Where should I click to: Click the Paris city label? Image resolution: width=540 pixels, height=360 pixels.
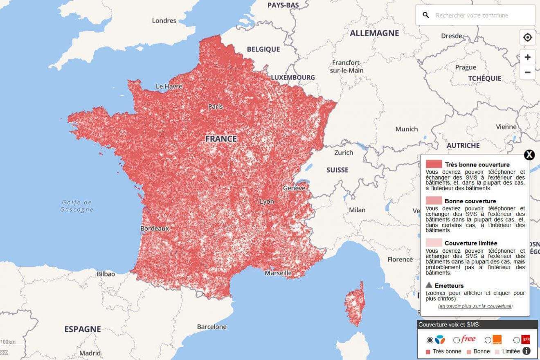216,106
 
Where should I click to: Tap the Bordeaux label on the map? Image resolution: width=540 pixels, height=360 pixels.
154,229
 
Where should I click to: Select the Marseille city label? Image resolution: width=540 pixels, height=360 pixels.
278,273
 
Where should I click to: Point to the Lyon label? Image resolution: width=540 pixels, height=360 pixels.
267,202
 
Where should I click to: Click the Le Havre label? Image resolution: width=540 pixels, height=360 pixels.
169,86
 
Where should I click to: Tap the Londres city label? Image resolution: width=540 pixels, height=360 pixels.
164,20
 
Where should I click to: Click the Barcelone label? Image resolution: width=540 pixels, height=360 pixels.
211,326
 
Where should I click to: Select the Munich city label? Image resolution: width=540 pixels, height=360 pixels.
406,129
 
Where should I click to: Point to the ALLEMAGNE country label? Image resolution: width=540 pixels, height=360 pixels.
374,33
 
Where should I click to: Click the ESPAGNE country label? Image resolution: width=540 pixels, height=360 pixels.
82,329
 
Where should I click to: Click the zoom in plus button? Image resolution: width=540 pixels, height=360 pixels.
528,57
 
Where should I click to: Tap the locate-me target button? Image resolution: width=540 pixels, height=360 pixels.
528,38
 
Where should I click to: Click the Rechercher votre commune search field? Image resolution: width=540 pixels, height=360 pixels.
479,16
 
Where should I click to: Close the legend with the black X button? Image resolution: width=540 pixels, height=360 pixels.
529,155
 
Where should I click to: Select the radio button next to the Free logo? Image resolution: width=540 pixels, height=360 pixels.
457,340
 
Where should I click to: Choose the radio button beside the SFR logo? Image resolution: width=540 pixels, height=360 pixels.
516,340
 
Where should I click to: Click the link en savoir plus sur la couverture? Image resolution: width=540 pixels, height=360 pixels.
475,306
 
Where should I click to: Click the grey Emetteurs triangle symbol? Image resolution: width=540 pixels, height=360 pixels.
429,285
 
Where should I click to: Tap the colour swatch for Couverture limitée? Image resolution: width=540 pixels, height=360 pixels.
434,243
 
